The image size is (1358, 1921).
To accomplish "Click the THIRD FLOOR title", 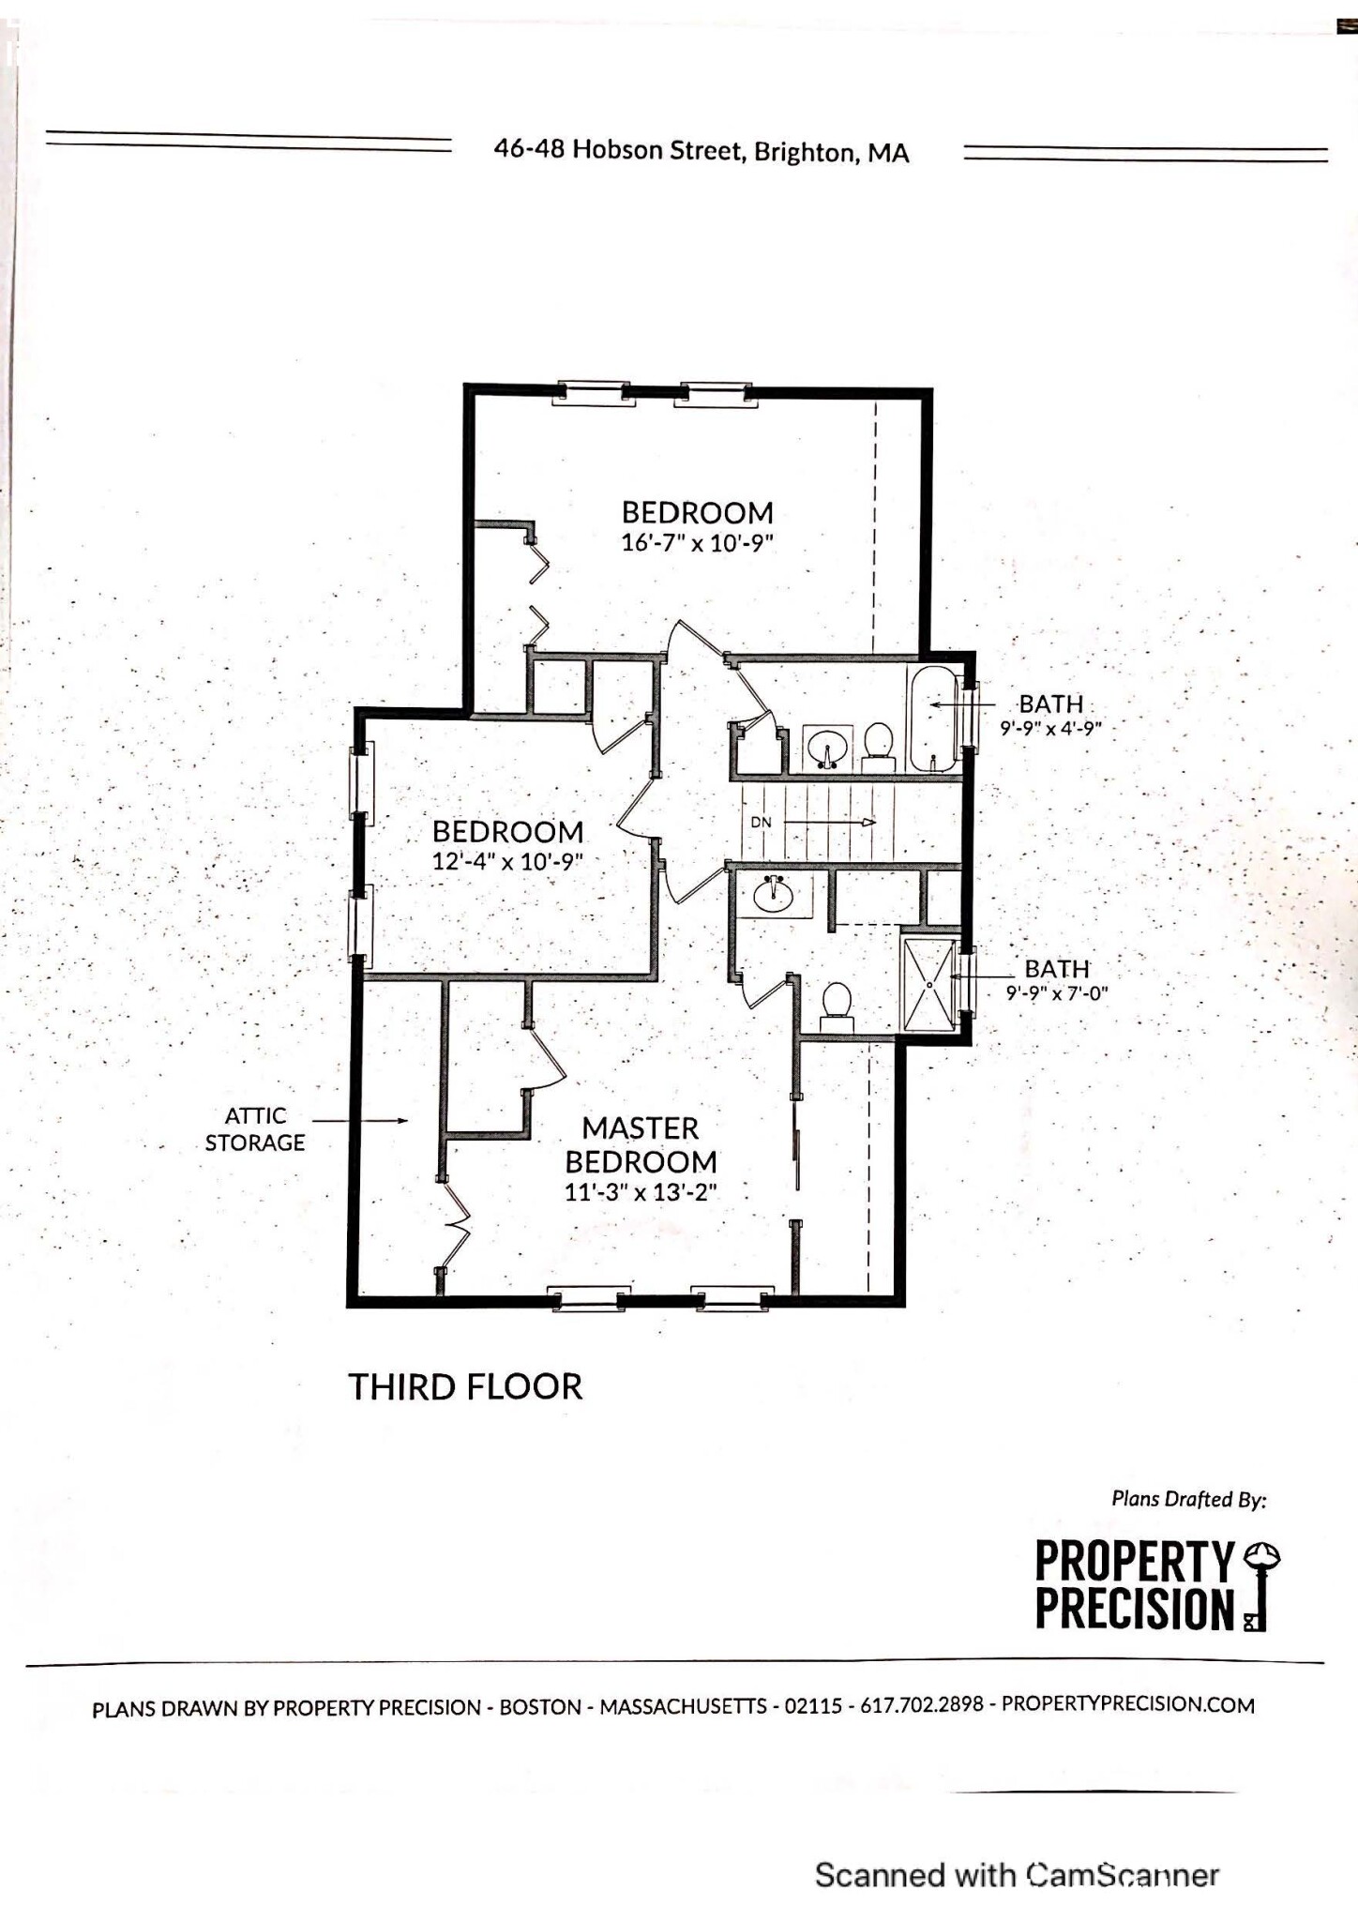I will pos(465,1386).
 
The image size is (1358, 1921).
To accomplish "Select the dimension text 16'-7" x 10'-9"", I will pos(697,543).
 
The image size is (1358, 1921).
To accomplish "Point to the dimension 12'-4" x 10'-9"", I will pos(507,861).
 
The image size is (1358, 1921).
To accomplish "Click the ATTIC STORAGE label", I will pos(255,1129).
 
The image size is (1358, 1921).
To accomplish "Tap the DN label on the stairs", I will pos(761,823).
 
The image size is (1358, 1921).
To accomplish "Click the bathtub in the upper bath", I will pos(932,718).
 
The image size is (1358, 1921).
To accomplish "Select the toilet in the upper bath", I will pos(879,745).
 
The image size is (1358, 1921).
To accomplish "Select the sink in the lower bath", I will pos(773,893).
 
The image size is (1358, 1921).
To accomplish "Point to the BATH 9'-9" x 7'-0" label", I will pos(1057,980).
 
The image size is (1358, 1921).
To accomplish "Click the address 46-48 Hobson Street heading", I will pos(702,151).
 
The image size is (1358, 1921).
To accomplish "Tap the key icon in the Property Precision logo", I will pos(1260,1585).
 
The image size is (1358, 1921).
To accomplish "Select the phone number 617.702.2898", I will pos(921,1705).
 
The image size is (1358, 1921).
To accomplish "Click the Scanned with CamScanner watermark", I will pos(1017,1874).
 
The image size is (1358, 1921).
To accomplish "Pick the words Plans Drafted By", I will pos(1188,1499).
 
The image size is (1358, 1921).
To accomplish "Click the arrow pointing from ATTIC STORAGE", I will pos(360,1120).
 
